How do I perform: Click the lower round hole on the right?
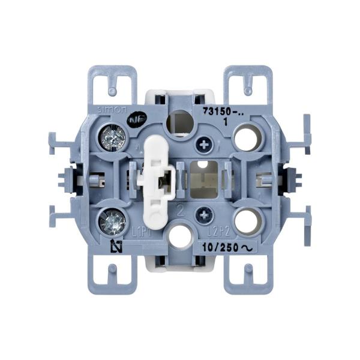point(245,221)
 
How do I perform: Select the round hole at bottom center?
point(179,237)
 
